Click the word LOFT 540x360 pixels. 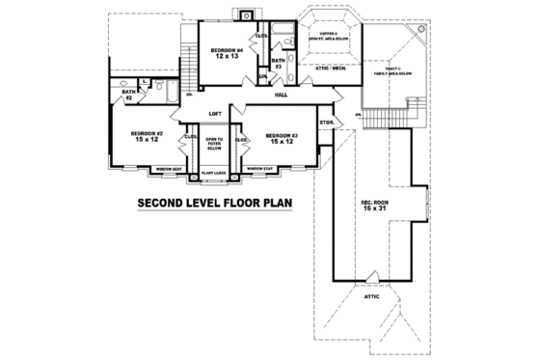click(216, 114)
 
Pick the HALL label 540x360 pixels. click(281, 96)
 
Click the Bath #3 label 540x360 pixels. click(277, 64)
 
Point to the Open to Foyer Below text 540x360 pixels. click(214, 144)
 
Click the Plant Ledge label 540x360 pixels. click(214, 173)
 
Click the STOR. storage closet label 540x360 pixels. click(326, 122)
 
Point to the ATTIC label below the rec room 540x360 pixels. click(372, 296)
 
